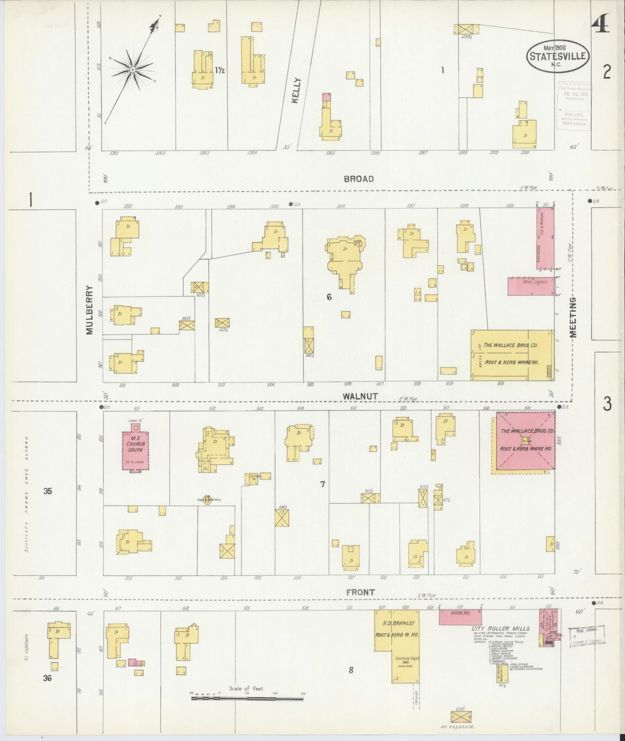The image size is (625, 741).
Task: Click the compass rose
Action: coord(132,70)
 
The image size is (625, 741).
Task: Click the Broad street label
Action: coord(359,179)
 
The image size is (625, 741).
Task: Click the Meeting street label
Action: coord(574,317)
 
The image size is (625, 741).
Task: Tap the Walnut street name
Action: coord(360,396)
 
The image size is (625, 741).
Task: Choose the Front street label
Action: coord(360,592)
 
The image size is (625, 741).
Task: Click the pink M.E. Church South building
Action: coord(135,450)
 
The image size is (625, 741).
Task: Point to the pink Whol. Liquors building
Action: coord(531,286)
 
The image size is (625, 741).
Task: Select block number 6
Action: coord(329,297)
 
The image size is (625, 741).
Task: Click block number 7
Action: coord(322,484)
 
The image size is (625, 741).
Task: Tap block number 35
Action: coord(48,491)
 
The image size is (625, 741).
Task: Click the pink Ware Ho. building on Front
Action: coord(460,617)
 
